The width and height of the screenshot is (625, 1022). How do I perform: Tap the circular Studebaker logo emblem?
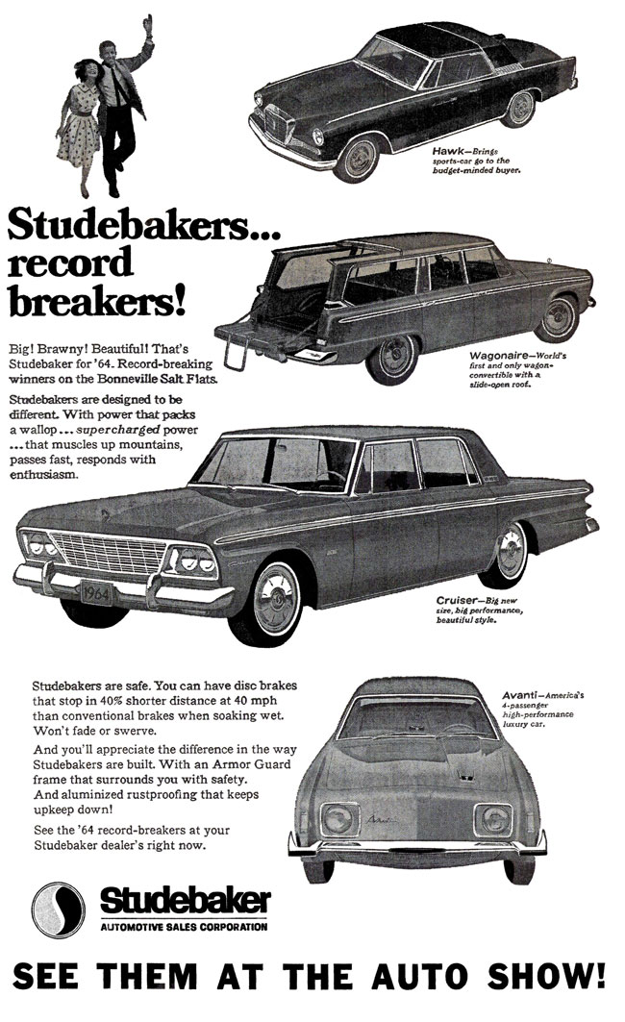coord(59,907)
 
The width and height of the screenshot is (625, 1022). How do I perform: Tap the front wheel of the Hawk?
coord(360,155)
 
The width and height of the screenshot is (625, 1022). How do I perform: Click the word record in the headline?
coord(71,262)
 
